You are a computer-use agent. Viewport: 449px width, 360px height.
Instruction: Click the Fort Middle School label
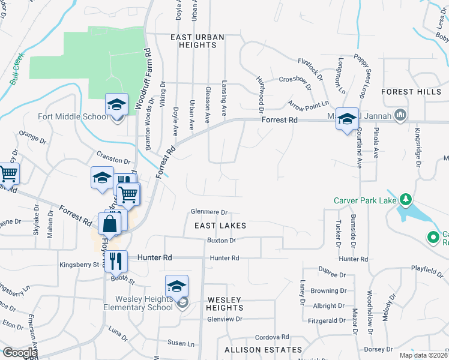[x=73, y=117]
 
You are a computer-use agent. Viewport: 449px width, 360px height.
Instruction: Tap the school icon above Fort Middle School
[x=116, y=104]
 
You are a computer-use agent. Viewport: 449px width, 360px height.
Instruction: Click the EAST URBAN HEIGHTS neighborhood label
[x=197, y=41]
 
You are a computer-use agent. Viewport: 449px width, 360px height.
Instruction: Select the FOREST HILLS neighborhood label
[x=414, y=92]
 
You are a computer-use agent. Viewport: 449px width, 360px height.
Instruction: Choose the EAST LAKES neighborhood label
[x=220, y=225]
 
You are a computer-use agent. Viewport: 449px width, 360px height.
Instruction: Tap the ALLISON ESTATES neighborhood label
[x=264, y=349]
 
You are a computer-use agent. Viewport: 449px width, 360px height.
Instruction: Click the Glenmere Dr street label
[x=209, y=212]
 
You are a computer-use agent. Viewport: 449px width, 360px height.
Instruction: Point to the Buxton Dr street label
[x=221, y=240]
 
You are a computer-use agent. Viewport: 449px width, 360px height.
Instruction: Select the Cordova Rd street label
[x=272, y=337]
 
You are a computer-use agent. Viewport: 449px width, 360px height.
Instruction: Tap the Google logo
[x=20, y=353]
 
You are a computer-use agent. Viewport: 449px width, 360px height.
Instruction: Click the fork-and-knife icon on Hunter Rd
[x=116, y=260]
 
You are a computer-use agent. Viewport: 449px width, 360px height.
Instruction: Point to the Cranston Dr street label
[x=113, y=161]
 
